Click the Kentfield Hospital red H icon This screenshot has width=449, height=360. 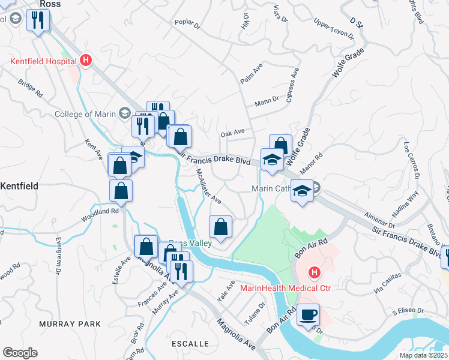[x=86, y=60]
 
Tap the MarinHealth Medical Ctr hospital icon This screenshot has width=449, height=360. [x=313, y=274]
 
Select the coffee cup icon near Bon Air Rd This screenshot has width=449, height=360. [x=308, y=315]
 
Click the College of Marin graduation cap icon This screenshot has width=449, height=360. [x=124, y=113]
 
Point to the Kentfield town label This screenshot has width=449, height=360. [x=19, y=186]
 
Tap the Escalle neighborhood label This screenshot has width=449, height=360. [x=190, y=344]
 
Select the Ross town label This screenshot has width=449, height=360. [x=50, y=4]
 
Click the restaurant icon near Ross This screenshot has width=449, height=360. [x=38, y=20]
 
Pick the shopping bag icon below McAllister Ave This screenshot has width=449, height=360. [x=220, y=227]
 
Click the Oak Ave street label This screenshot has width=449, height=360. [x=233, y=133]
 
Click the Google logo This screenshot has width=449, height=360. [x=20, y=352]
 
